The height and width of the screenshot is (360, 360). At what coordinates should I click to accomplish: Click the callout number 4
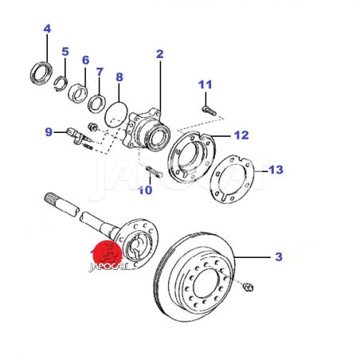coord(47,29)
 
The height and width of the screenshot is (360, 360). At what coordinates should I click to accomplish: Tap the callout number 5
coord(65,52)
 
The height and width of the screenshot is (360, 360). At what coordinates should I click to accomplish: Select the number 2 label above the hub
coord(159,54)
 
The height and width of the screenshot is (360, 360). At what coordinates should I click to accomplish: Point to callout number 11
coord(205,84)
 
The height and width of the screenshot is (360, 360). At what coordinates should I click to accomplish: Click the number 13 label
coord(276,170)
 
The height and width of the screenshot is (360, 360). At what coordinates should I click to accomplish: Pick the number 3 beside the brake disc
coord(279,256)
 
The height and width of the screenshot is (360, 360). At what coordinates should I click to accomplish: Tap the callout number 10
coord(145,190)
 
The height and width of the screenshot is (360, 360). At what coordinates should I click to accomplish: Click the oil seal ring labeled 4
coord(41,73)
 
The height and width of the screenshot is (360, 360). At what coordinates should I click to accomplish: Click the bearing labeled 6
coord(78,92)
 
